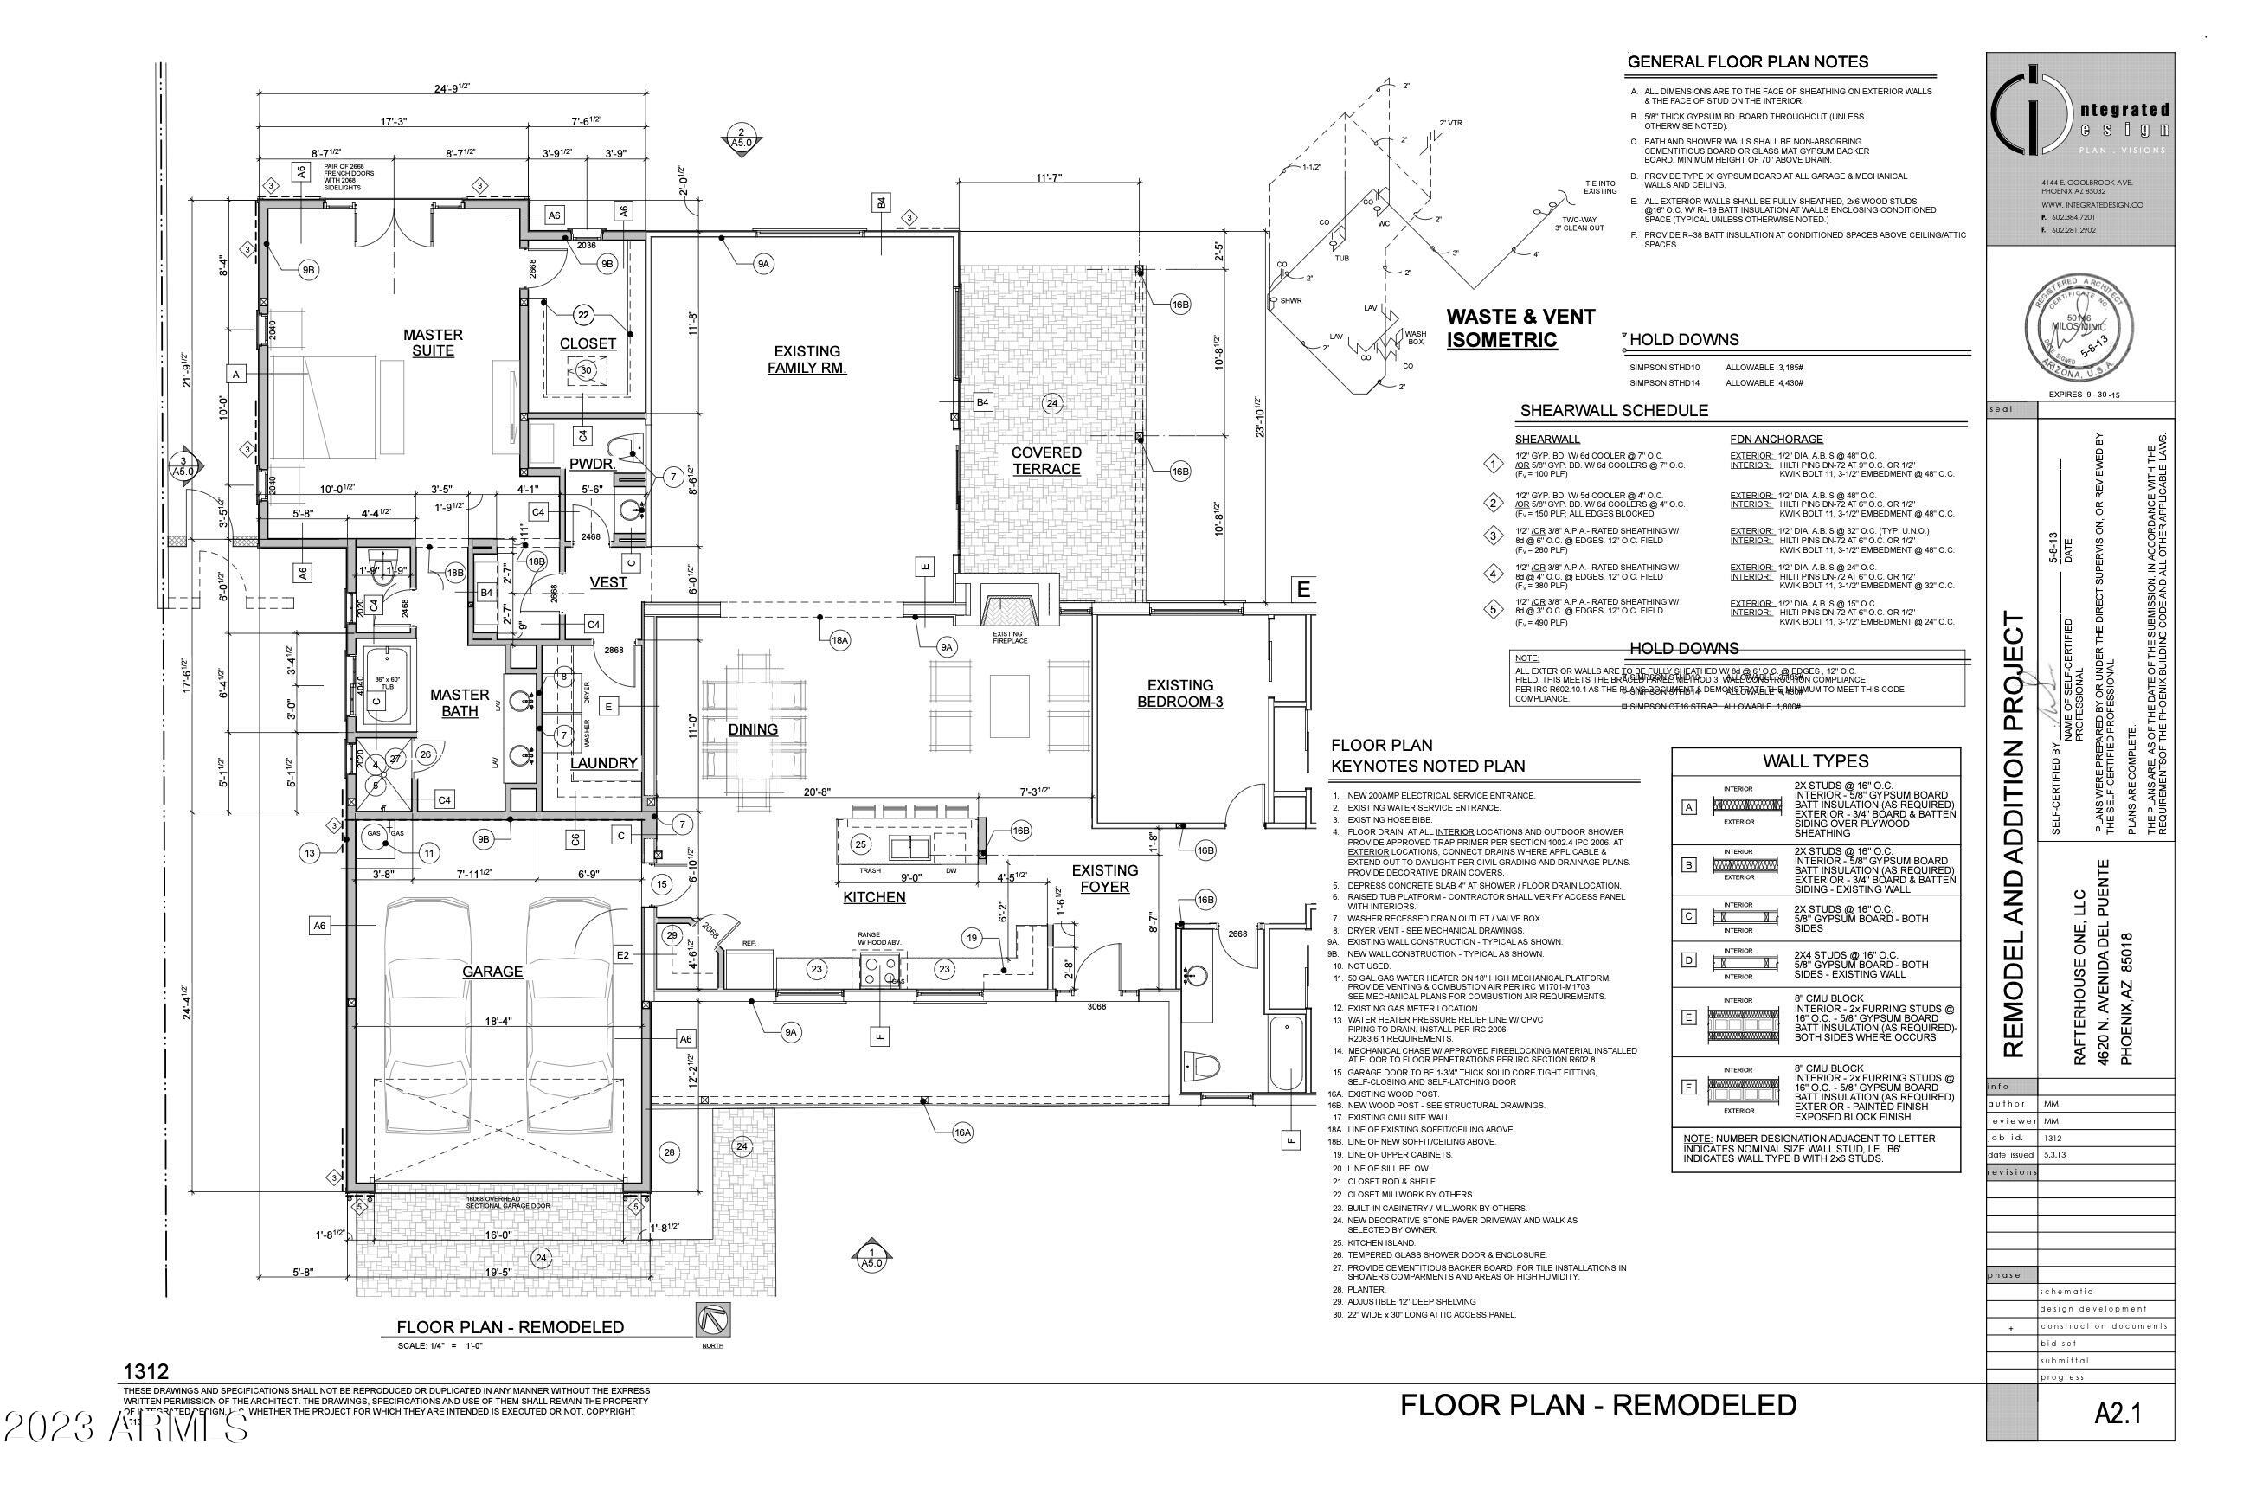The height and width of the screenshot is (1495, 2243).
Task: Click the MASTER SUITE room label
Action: [433, 343]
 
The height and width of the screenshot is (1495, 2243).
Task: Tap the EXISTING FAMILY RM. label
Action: [807, 359]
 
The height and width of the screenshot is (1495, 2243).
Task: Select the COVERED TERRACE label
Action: [1046, 460]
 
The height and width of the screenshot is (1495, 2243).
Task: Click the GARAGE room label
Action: [492, 972]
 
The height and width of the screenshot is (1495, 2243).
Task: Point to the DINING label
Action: [754, 729]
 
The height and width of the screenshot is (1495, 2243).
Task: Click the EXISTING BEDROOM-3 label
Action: [1179, 693]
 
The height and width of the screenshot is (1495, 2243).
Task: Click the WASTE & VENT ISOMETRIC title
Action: [1520, 328]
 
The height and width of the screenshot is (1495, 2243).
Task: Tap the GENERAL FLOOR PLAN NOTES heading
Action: [1747, 62]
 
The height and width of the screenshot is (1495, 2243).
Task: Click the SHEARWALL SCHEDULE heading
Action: [1613, 411]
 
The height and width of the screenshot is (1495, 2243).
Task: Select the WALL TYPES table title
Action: [1815, 760]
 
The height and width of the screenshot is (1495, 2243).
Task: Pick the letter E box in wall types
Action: [1689, 1017]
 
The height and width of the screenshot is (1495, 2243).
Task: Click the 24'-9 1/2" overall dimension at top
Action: [452, 87]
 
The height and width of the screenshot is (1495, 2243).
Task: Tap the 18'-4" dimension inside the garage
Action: [498, 1021]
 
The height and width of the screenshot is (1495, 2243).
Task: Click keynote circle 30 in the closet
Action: [586, 371]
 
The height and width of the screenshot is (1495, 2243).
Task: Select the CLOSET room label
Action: [588, 343]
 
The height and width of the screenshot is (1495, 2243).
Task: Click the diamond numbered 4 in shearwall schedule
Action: [1494, 573]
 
